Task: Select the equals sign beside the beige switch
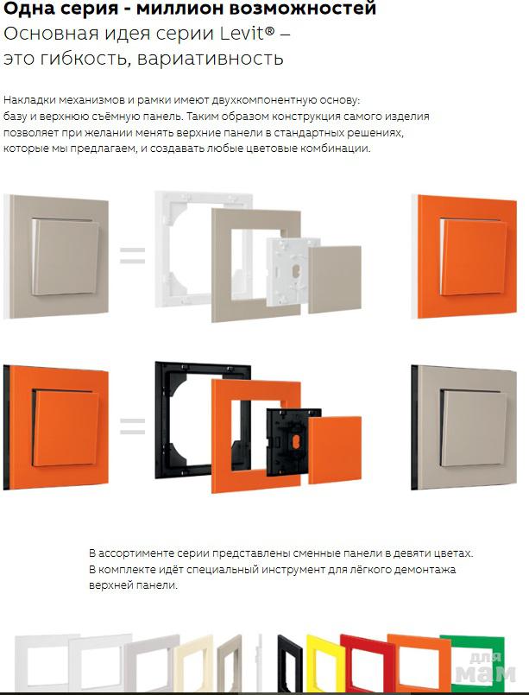click(x=133, y=256)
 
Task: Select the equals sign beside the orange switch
click(x=133, y=426)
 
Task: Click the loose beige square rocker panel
click(x=335, y=279)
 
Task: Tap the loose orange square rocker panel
click(x=335, y=450)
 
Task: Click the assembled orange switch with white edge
click(x=464, y=256)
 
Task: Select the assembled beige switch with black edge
click(x=464, y=427)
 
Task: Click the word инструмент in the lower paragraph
click(x=293, y=570)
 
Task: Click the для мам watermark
click(x=486, y=667)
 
